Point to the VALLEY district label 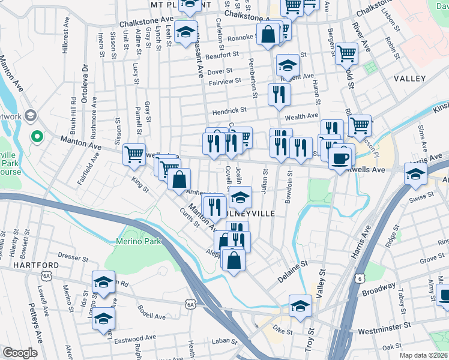tap(409, 79)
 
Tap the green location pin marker tap(37, 137)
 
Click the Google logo tap(20, 353)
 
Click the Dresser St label tap(74, 257)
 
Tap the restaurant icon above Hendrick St tap(279, 94)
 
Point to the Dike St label tap(282, 330)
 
